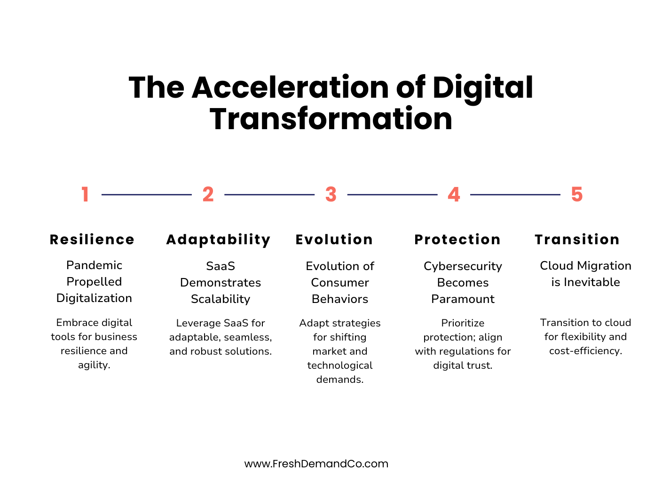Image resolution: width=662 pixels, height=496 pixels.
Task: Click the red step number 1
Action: [x=85, y=194]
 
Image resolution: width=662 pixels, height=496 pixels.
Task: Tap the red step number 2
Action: [x=208, y=194]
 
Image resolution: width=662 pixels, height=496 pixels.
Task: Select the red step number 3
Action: [x=331, y=194]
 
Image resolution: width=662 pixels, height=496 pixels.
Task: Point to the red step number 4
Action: [x=454, y=194]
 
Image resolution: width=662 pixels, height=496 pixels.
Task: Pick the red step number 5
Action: [x=577, y=194]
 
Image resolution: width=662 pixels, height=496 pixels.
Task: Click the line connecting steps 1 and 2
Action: [x=146, y=194]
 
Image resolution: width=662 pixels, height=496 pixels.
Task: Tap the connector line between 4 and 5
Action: [x=515, y=194]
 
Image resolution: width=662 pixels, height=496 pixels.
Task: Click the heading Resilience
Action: [x=92, y=240]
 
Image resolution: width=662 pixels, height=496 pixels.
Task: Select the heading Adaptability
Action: [x=218, y=240]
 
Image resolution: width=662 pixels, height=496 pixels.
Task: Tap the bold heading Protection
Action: [x=457, y=240]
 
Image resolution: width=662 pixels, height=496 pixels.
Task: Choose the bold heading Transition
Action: [x=577, y=240]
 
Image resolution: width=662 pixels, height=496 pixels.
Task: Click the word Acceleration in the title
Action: [x=291, y=88]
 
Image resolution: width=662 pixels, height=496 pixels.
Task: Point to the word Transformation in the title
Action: [x=331, y=119]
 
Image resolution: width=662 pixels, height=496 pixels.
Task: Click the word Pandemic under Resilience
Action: [x=94, y=265]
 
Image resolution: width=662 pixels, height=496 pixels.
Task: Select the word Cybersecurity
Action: [x=463, y=266]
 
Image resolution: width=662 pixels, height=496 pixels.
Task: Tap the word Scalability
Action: [x=221, y=299]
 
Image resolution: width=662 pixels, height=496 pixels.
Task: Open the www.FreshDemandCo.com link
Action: [x=316, y=464]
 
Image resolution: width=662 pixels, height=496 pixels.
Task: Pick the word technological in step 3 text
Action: [x=340, y=365]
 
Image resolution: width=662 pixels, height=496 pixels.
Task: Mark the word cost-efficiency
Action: [x=585, y=351]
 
